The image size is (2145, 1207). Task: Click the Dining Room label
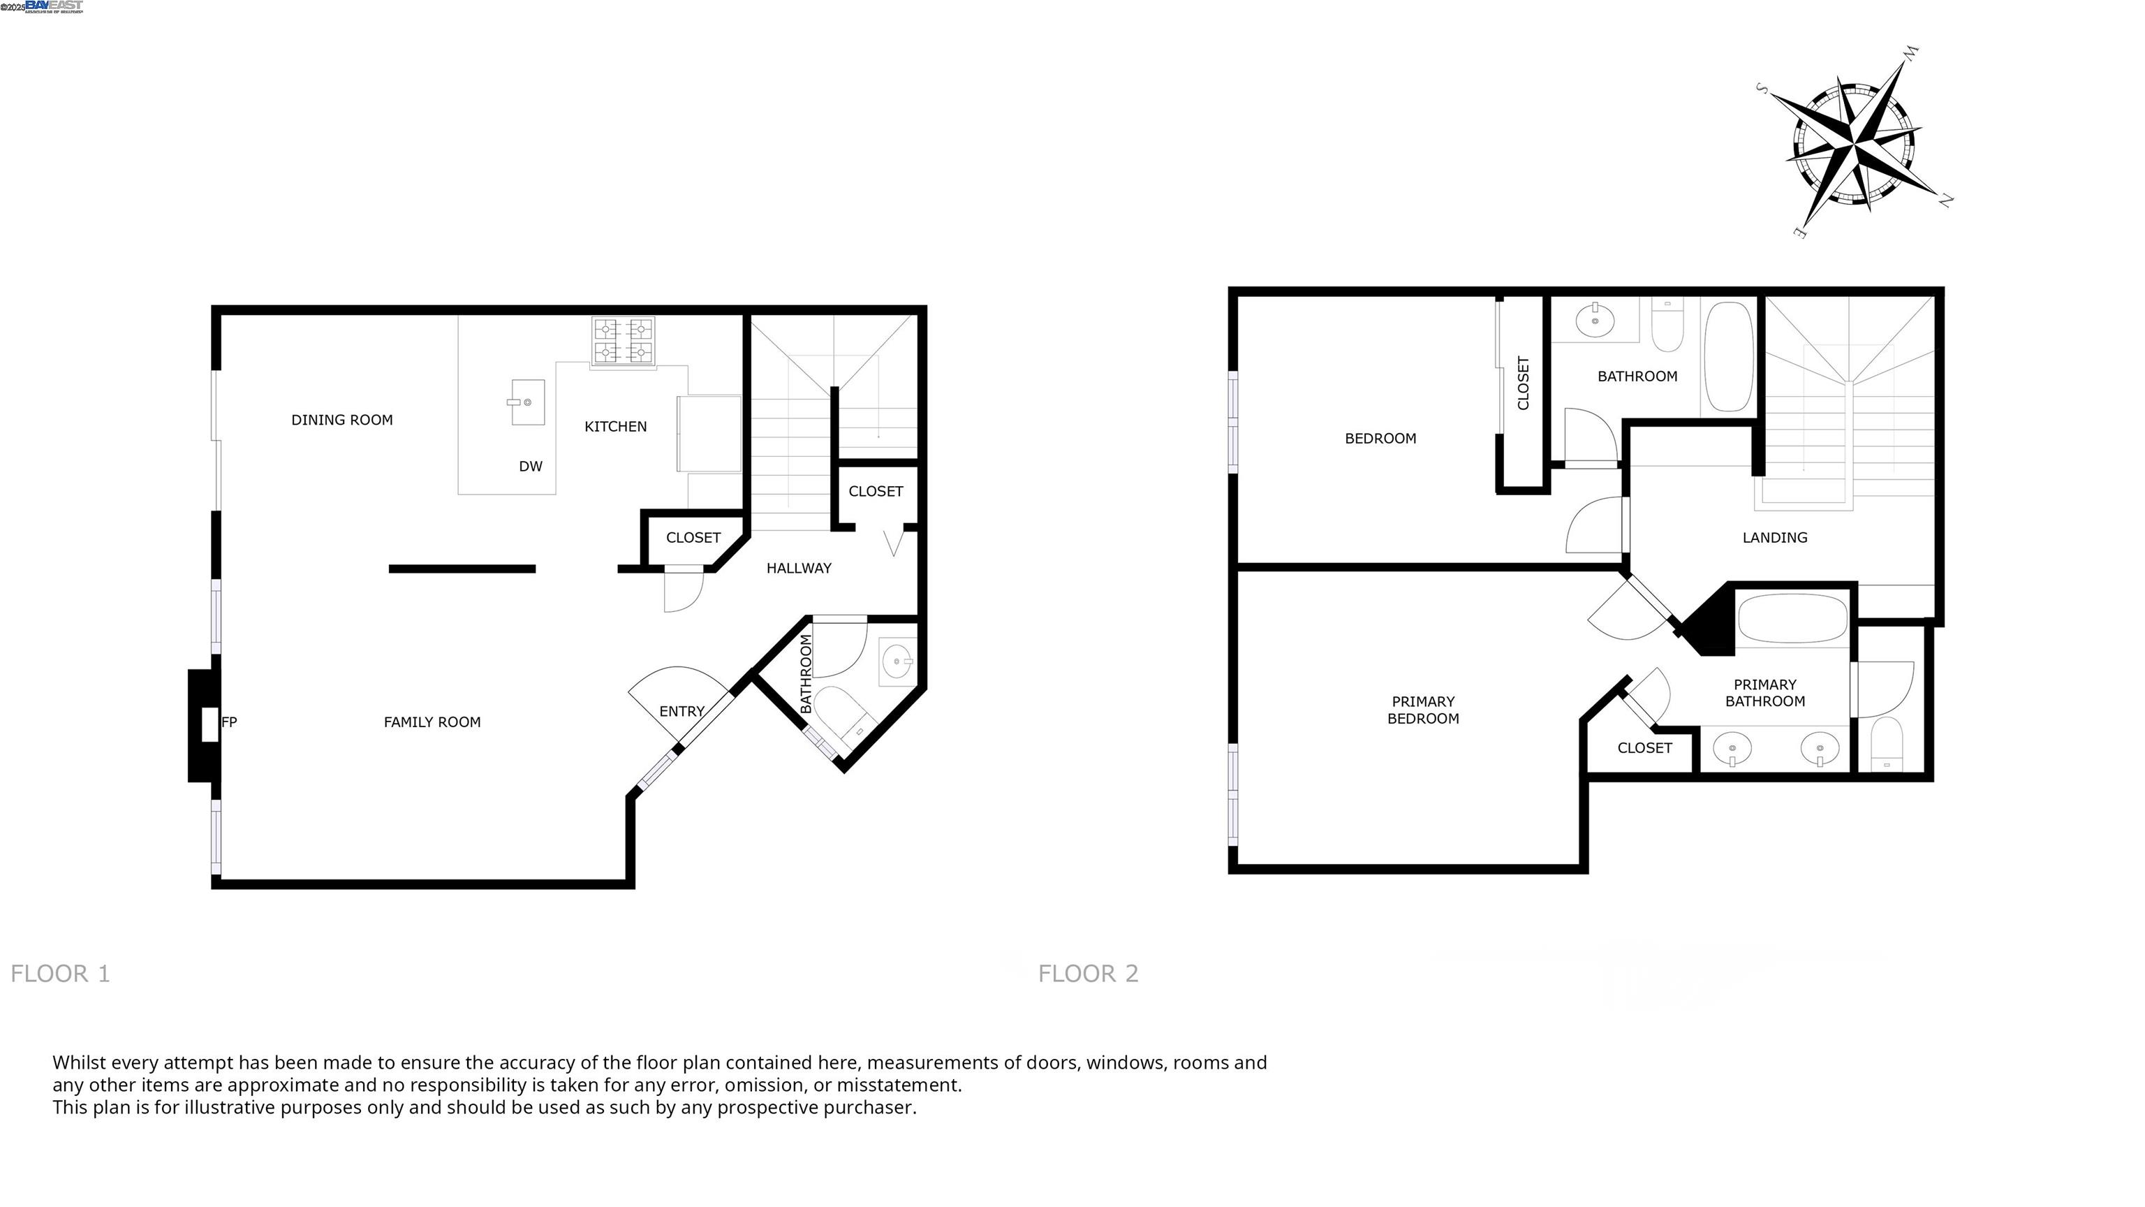point(341,420)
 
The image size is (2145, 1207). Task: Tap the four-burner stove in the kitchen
point(623,341)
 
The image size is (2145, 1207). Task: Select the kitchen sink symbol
point(527,402)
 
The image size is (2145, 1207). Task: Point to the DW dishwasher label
point(531,467)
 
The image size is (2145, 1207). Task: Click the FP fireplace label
point(229,722)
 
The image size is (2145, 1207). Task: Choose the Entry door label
point(681,711)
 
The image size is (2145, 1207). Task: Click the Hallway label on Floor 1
point(799,568)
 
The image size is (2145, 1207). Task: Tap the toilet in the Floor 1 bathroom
point(843,713)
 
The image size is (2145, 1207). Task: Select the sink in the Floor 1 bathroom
point(897,662)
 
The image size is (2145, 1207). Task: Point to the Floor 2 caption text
point(1087,973)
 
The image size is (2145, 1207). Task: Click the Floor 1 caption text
point(60,973)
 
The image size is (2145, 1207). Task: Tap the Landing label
point(1774,537)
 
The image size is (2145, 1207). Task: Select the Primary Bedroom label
point(1422,710)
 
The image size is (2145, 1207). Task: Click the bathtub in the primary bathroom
point(1792,618)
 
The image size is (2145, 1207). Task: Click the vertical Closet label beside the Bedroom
point(1523,383)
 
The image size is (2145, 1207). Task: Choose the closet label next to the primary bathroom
point(1644,748)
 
